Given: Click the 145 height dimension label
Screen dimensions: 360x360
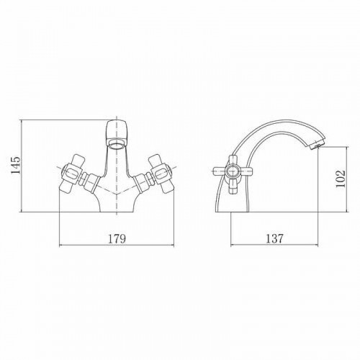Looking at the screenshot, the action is [16, 165].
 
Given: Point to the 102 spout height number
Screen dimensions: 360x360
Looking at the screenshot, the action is [340, 179].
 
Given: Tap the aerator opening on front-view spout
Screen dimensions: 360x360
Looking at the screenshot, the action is [117, 145].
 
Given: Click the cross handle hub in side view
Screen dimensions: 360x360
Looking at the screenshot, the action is [233, 171].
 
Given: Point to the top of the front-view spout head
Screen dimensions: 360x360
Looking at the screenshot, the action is [117, 121].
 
